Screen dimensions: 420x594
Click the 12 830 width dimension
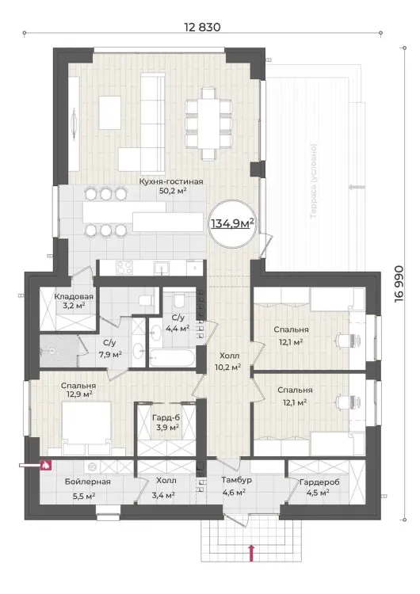point(202,27)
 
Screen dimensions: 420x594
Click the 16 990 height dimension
point(399,284)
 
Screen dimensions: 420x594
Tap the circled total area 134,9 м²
point(232,223)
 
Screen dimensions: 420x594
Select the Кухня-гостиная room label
point(171,181)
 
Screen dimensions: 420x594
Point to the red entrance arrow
point(250,552)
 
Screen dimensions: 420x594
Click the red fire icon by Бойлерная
point(45,464)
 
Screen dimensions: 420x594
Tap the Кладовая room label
point(74,297)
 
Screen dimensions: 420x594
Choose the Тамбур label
point(236,480)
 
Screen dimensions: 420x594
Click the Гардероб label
point(319,482)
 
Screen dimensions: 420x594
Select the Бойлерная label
point(87,482)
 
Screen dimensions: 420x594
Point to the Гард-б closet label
point(166,418)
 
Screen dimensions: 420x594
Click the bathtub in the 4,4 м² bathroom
point(172,358)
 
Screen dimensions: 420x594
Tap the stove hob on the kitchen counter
point(124,268)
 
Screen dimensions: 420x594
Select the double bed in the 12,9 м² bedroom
point(86,428)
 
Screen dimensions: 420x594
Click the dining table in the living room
point(208,123)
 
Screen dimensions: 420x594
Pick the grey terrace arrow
point(357,187)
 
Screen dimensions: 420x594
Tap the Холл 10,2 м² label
point(230,361)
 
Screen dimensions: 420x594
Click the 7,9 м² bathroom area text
point(110,355)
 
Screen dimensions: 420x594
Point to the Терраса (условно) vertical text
point(314,181)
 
